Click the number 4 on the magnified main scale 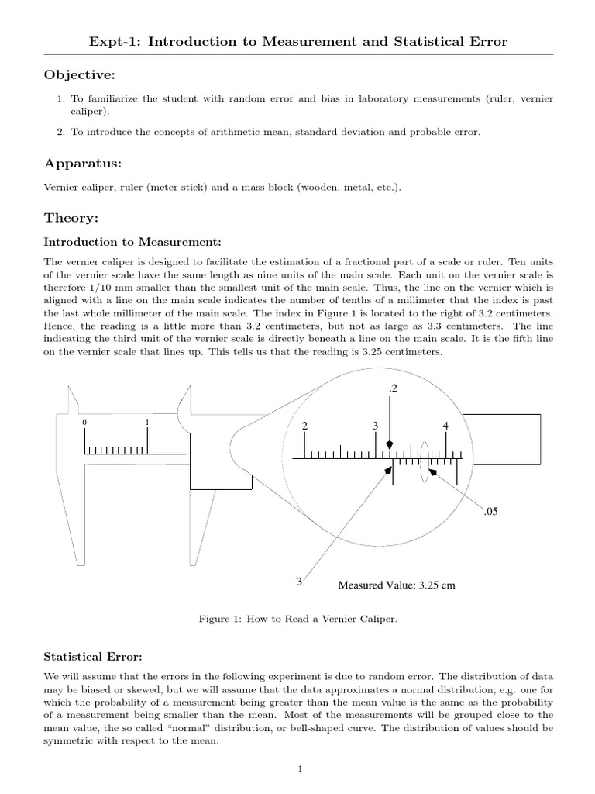(x=445, y=426)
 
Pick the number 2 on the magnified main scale (x=304, y=426)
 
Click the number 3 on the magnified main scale (x=375, y=426)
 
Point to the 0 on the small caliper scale (x=84, y=423)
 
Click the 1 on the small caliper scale (x=147, y=423)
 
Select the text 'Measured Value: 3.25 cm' (x=396, y=585)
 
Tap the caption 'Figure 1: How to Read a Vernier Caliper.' (x=298, y=618)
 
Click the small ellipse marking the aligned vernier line (x=424, y=463)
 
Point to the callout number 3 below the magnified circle (x=298, y=581)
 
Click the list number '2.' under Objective (x=61, y=133)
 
